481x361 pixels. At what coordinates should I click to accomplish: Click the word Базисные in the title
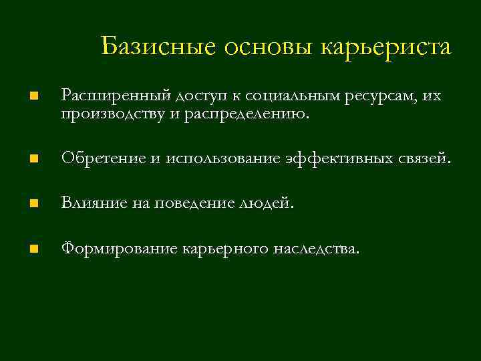(x=160, y=47)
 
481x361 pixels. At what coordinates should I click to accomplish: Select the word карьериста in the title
(x=387, y=47)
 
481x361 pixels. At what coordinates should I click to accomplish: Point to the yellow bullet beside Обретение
(x=33, y=159)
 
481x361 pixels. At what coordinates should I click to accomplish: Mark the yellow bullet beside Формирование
(x=33, y=249)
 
